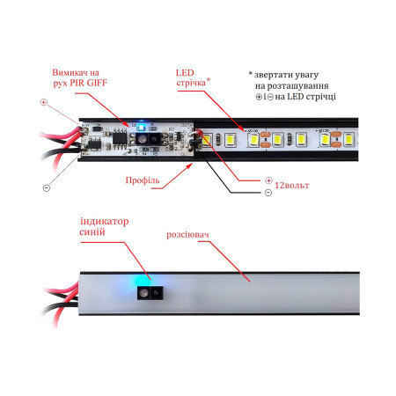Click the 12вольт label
coord(292,186)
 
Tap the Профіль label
coord(143,180)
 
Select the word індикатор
coord(105,222)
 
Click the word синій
coord(92,232)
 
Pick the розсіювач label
coord(187,235)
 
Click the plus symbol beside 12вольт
coord(268,180)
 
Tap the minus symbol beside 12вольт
coord(268,193)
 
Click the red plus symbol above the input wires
coord(43,102)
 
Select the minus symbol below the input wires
coord(47,187)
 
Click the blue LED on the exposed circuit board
coord(142,128)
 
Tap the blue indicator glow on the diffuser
coord(143,280)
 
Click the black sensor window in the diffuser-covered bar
coord(150,293)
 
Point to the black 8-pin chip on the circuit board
coord(120,137)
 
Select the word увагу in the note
coord(307,76)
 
